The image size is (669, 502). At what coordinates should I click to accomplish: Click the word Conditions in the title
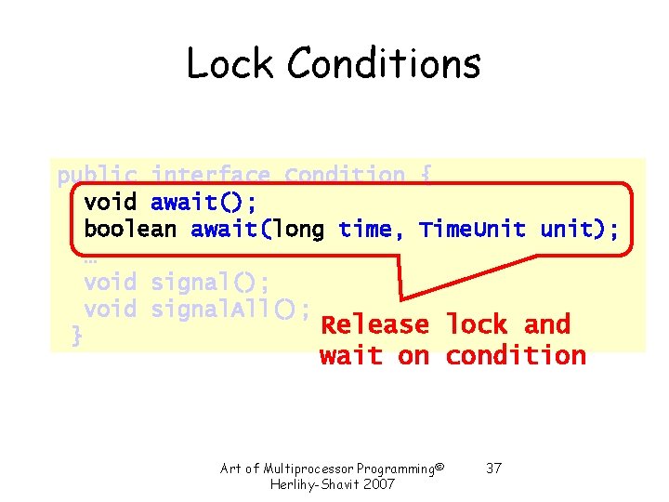point(384,64)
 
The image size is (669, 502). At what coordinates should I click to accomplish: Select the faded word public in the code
point(97,176)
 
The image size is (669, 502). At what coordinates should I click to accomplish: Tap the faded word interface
point(211,176)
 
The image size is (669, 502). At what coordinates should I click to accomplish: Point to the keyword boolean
point(130,229)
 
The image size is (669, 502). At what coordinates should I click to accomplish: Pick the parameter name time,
point(372,229)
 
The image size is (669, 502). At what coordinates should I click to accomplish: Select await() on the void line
point(203,202)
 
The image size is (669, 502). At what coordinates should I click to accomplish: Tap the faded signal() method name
point(203,282)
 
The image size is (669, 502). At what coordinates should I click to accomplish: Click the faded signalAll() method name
point(230,309)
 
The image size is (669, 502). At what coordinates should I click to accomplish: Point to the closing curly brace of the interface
point(76,336)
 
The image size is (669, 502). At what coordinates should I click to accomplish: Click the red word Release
point(374,325)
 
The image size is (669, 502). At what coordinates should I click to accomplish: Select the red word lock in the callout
point(477,325)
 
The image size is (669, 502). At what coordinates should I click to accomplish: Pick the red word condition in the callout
point(516,355)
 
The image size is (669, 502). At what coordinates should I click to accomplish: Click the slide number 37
point(493,468)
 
